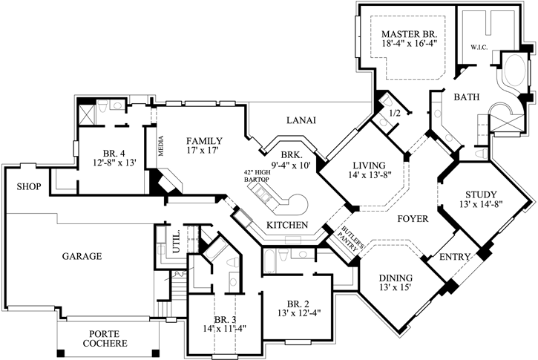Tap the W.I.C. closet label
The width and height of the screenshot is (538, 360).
(478, 48)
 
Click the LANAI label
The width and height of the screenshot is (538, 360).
(302, 120)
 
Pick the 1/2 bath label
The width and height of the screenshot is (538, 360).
(395, 112)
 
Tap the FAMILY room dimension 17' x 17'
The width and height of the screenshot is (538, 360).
(204, 153)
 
